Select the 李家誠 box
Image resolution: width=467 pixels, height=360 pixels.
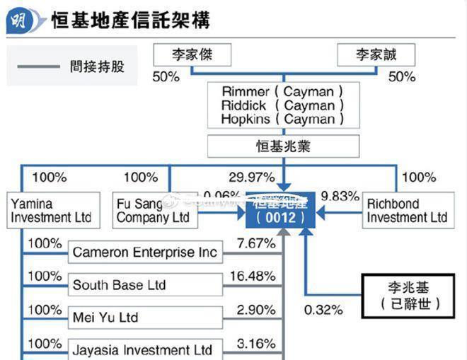(x=376, y=54)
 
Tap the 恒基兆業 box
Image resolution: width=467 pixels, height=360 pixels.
(x=282, y=147)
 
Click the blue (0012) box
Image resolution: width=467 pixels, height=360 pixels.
(x=281, y=210)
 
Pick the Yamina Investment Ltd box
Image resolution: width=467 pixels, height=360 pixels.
(x=51, y=210)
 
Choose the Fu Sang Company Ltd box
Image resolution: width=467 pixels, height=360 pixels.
(x=154, y=210)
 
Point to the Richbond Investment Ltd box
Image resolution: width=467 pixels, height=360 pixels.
(x=408, y=210)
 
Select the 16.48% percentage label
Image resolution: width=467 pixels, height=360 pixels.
(x=252, y=275)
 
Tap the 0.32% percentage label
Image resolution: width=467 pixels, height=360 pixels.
(x=323, y=309)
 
